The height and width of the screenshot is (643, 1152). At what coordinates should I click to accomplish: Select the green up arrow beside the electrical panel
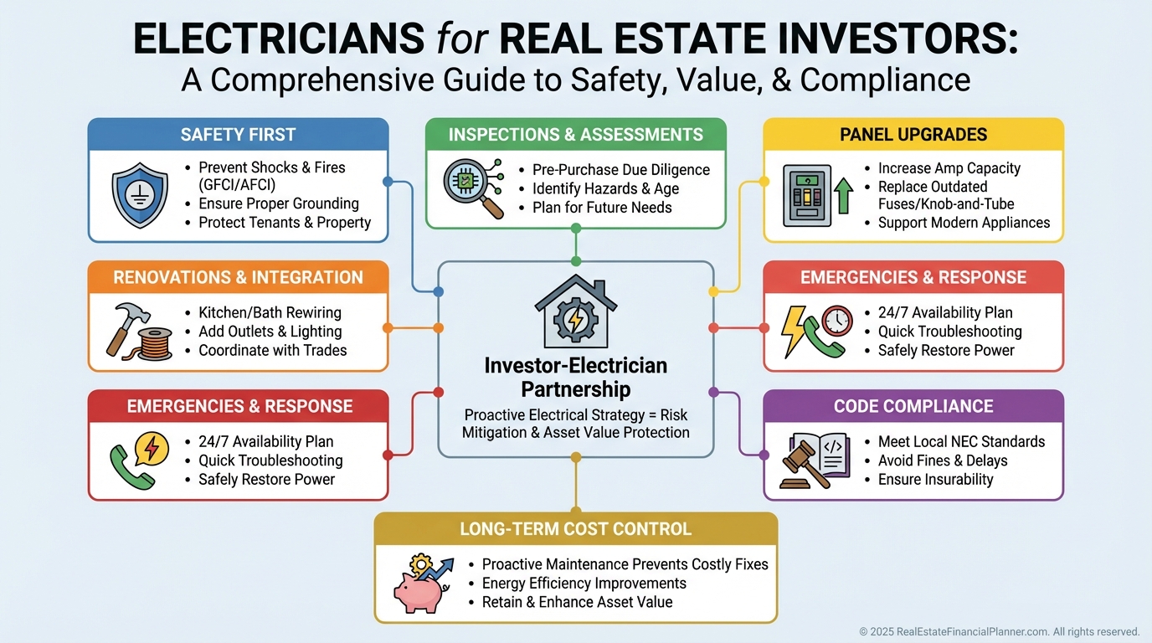(843, 196)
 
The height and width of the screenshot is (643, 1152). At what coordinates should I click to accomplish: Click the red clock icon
(837, 320)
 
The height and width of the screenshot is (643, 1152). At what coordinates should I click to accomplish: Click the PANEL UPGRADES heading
(913, 135)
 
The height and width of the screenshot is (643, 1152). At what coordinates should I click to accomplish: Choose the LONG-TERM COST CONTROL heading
(575, 529)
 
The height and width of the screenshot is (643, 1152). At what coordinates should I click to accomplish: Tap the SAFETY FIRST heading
(238, 135)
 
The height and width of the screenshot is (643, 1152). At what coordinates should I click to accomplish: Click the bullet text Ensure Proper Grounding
(278, 203)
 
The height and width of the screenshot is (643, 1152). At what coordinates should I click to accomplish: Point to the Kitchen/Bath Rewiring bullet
(270, 313)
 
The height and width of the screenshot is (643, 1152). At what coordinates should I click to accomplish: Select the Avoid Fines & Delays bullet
(943, 460)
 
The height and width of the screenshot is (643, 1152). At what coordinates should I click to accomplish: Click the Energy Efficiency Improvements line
(584, 584)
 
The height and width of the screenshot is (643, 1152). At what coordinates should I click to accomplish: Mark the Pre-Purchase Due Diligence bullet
(620, 170)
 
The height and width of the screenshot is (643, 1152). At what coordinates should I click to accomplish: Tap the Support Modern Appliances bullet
(964, 223)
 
